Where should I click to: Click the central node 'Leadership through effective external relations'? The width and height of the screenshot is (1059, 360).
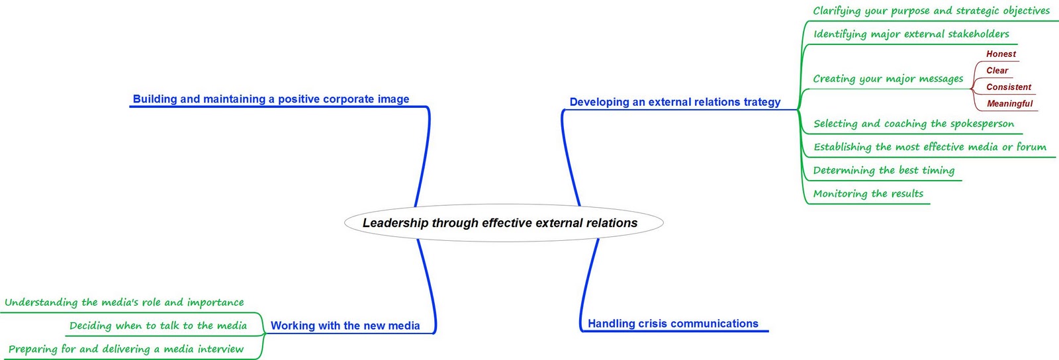[x=500, y=223]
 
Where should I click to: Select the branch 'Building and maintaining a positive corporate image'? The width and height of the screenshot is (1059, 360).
[x=271, y=99]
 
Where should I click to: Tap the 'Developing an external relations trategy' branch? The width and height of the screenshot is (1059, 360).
[x=674, y=102]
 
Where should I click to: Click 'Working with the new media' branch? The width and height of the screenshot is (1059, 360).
[x=345, y=326]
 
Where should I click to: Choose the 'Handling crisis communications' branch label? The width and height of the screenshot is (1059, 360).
[x=672, y=324]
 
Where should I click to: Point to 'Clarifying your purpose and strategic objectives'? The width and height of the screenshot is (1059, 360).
[x=931, y=11]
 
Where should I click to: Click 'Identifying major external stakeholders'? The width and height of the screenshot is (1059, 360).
[x=911, y=34]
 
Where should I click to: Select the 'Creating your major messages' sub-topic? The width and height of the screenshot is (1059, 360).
[x=888, y=79]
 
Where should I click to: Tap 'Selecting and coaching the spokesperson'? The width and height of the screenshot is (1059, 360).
[x=913, y=124]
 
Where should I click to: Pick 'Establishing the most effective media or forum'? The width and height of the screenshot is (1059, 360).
[x=929, y=147]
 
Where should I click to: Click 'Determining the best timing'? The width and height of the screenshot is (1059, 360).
[x=884, y=170]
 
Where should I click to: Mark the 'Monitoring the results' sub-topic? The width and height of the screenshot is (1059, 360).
[x=868, y=193]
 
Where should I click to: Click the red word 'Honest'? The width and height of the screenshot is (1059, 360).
[x=1001, y=54]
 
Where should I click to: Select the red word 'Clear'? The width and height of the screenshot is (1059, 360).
[x=997, y=71]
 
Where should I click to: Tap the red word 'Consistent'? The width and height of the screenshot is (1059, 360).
[x=1008, y=87]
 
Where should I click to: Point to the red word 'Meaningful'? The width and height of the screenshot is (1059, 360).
[x=1009, y=104]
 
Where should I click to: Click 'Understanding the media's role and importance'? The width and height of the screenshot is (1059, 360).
[x=124, y=302]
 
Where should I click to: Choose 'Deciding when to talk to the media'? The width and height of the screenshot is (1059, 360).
[x=158, y=326]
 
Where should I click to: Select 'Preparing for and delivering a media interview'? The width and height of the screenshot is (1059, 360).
[x=126, y=349]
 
